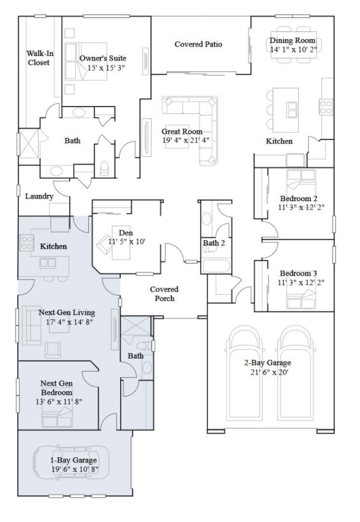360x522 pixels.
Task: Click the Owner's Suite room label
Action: [103, 58]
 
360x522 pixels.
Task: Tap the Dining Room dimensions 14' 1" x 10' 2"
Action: [294, 49]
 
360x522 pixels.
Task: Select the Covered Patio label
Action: [198, 44]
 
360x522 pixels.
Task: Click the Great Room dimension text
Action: [182, 140]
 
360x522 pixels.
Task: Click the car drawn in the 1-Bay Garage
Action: [71, 464]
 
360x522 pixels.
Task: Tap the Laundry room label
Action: [39, 196]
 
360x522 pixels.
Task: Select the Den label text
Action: [125, 233]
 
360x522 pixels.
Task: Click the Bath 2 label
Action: [213, 243]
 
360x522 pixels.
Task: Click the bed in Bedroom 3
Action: [301, 297]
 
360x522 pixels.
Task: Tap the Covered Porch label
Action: [164, 293]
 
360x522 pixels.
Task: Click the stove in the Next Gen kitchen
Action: [26, 243]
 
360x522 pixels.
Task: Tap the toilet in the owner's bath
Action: [105, 168]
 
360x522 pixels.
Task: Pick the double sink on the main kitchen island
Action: [292, 107]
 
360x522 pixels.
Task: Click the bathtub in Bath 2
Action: [216, 265]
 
